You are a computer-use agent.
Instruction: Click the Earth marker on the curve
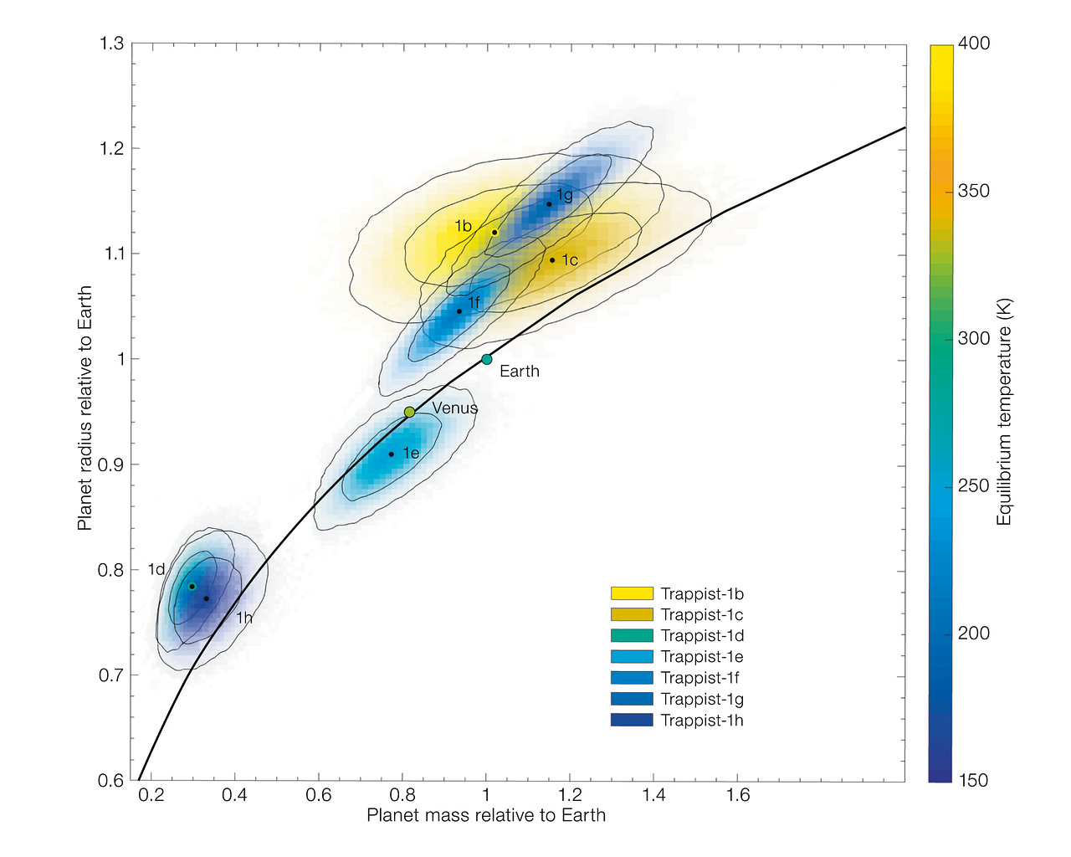point(486,359)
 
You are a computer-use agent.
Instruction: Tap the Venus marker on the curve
point(409,412)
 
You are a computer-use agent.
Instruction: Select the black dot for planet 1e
point(391,454)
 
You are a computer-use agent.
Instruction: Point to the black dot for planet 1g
point(549,204)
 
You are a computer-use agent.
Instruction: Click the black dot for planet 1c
point(552,260)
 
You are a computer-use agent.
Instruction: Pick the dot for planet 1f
point(459,311)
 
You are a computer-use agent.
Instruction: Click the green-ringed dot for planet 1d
point(192,586)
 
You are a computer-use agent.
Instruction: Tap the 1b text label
point(463,226)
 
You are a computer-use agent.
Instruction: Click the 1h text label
point(243,618)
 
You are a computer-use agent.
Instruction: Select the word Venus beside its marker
point(454,408)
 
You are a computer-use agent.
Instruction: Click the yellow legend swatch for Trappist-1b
point(632,594)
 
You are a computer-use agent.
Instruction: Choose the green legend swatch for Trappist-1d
point(632,636)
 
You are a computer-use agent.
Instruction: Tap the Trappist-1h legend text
point(702,721)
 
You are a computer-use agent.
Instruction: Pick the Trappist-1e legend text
point(702,657)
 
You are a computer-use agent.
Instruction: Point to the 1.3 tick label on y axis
point(112,44)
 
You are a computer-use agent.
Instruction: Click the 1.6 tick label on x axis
point(738,795)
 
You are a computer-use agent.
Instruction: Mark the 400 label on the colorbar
point(973,44)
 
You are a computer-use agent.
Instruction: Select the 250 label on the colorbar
point(973,486)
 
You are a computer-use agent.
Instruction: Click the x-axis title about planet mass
point(486,815)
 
